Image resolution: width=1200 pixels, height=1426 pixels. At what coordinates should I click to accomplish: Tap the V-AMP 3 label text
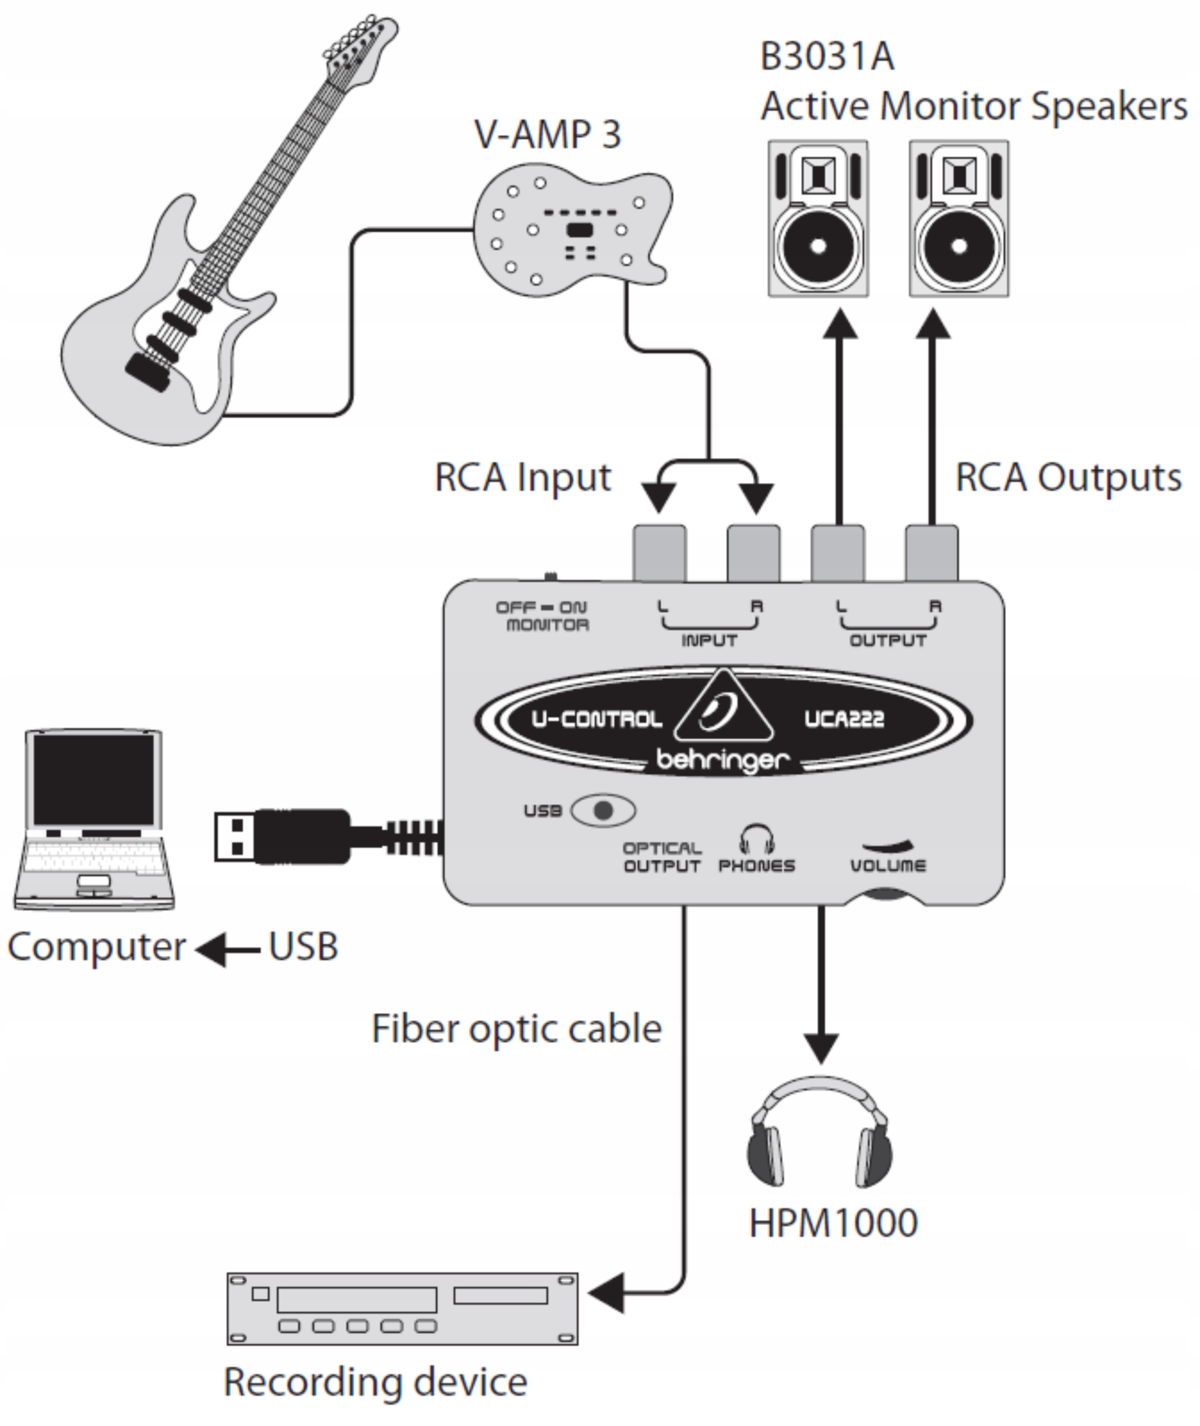click(547, 134)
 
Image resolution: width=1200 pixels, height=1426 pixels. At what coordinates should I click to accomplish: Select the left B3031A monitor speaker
click(819, 219)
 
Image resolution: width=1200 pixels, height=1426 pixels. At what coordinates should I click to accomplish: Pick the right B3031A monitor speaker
click(959, 219)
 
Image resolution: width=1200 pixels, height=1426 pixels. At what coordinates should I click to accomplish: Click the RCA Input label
click(522, 477)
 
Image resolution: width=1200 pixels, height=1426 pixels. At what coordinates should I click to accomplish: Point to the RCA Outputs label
click(1068, 477)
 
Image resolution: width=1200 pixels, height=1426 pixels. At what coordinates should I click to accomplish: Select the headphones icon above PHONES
click(756, 839)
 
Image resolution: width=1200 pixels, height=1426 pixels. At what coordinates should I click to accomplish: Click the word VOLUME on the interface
click(888, 866)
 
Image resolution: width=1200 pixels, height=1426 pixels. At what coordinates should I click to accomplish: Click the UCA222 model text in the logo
click(844, 719)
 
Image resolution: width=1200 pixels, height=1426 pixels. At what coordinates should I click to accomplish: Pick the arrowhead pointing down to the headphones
click(821, 1048)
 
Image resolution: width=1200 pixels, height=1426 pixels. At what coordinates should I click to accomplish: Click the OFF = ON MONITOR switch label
click(543, 616)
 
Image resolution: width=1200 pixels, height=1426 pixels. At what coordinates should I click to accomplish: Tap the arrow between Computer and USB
click(227, 949)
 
